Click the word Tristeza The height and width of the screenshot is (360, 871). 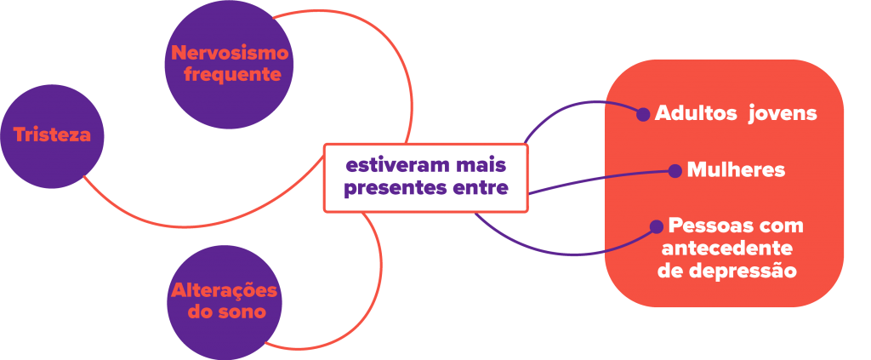[x=52, y=135]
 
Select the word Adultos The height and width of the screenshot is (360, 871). [x=695, y=113]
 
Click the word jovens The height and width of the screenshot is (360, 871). [x=782, y=113]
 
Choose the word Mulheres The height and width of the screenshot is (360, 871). [x=735, y=170]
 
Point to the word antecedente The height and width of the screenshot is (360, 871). [x=726, y=249]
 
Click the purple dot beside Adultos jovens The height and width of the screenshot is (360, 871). [x=643, y=113]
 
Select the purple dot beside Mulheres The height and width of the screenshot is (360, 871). [x=675, y=171]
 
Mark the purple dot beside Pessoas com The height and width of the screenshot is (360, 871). [x=657, y=227]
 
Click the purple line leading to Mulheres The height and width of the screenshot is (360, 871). [x=595, y=180]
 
